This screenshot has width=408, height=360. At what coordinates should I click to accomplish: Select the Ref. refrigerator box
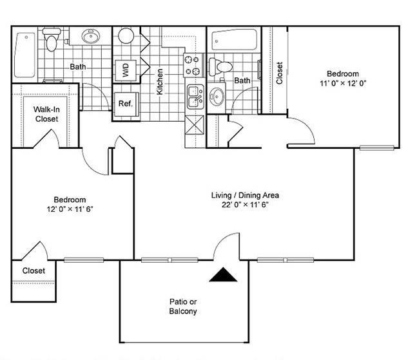[x=124, y=102]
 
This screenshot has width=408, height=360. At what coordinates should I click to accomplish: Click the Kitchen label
[x=160, y=82]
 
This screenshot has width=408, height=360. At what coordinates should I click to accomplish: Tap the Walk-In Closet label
[x=46, y=114]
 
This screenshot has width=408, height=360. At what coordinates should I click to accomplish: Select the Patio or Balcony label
[x=183, y=306]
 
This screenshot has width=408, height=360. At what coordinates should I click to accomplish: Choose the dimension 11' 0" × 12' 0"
[x=342, y=83]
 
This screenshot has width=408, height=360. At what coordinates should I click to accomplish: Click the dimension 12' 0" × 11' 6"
[x=69, y=210]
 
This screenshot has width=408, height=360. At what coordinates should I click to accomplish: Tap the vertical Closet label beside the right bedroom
[x=279, y=73]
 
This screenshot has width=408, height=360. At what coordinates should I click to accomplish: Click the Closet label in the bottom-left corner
[x=34, y=270]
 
